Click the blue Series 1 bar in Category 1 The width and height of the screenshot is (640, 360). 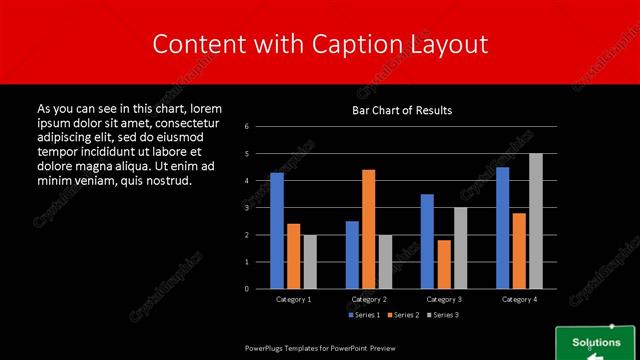click(277, 230)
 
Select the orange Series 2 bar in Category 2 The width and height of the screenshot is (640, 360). click(369, 229)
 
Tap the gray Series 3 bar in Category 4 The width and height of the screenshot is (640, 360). click(536, 221)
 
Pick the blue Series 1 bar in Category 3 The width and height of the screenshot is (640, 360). click(427, 241)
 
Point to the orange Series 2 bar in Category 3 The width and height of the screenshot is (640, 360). click(444, 264)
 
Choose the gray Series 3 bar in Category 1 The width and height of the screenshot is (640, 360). click(310, 261)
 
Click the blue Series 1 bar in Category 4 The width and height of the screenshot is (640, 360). click(502, 227)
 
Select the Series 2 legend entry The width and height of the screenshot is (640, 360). click(405, 315)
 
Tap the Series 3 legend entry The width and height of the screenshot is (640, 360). click(446, 315)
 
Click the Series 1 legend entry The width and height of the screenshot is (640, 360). click(364, 315)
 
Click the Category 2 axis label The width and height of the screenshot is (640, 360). click(369, 299)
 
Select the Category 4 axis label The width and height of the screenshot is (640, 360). click(519, 299)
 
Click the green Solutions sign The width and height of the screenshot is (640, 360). click(596, 343)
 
